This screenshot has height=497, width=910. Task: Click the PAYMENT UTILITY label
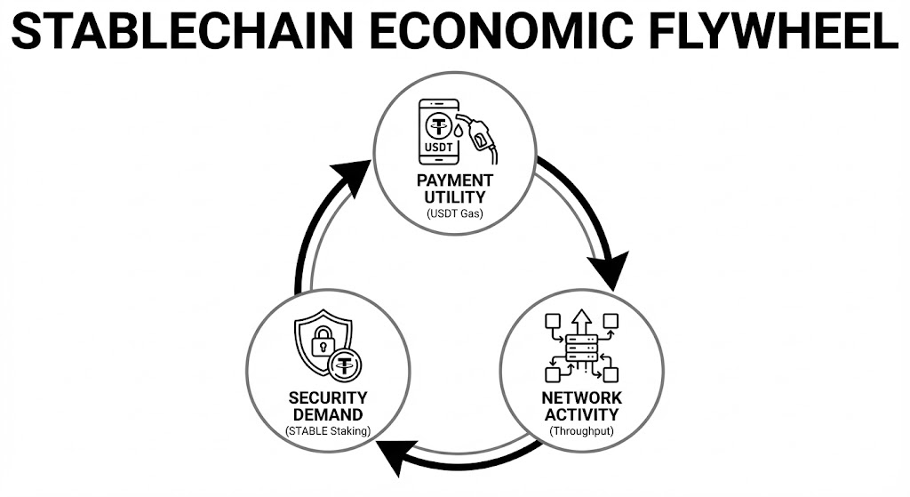click(x=454, y=188)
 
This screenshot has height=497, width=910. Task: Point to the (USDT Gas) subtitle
click(x=454, y=213)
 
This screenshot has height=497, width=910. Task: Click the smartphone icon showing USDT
click(x=437, y=132)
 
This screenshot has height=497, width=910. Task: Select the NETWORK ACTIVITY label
click(x=582, y=406)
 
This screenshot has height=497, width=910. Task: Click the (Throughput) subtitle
click(x=582, y=432)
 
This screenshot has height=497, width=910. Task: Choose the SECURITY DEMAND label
click(x=327, y=406)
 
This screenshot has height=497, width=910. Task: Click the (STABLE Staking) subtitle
click(x=327, y=432)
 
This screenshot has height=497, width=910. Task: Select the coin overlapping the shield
click(x=345, y=364)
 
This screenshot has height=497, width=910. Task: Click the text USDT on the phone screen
click(x=437, y=148)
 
